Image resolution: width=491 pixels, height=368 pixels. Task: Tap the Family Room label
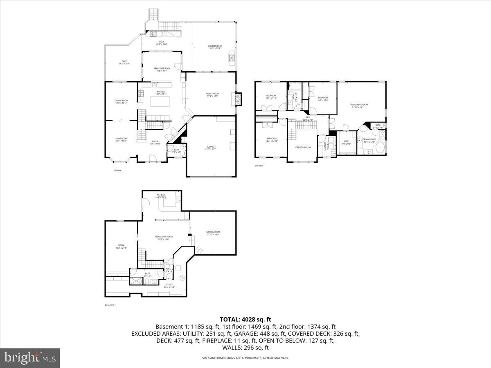click(212, 94)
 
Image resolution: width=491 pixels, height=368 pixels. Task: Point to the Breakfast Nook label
click(162, 69)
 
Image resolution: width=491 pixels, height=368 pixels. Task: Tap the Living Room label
click(121, 139)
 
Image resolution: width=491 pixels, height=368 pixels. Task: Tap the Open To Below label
click(303, 147)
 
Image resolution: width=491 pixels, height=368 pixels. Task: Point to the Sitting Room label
click(213, 233)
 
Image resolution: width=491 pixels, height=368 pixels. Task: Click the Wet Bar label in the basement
click(160, 195)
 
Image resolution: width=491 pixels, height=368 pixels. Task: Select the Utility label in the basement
click(169, 285)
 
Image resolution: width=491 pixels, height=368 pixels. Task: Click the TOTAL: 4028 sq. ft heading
click(245, 319)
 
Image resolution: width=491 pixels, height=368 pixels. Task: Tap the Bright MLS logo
click(30, 358)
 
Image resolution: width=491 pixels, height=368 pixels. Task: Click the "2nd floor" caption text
click(259, 166)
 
